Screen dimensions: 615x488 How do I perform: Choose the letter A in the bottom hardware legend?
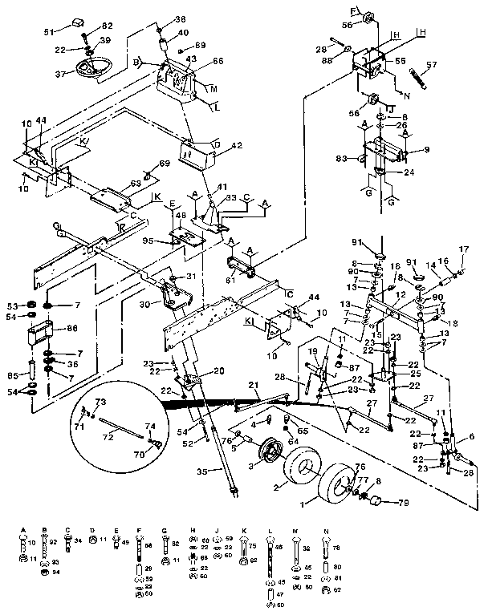click(x=23, y=530)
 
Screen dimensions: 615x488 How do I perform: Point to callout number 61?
click(x=230, y=280)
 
